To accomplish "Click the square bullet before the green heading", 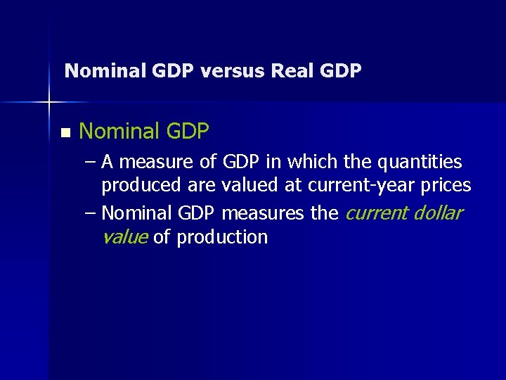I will click(66, 132).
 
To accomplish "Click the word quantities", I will click(420, 163).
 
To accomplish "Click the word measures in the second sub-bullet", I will click(264, 213).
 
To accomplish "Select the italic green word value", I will click(124, 237).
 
